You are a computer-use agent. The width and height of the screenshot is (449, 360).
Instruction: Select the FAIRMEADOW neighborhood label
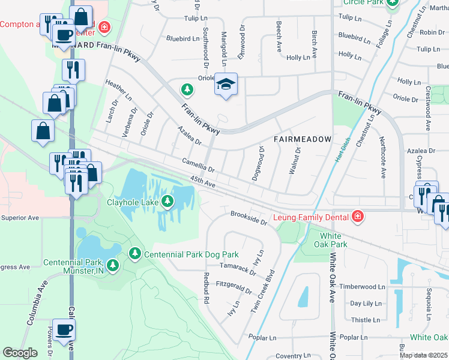303,139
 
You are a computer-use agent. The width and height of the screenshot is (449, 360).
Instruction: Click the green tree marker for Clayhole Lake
170,201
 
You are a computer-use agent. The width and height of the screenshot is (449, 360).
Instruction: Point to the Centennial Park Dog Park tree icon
134,255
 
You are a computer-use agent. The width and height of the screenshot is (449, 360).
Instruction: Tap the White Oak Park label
331,240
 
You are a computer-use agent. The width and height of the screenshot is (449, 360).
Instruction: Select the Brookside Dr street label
249,217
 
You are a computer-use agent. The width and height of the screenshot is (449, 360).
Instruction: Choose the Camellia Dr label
199,164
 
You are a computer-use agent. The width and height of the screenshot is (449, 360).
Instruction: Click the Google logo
20,353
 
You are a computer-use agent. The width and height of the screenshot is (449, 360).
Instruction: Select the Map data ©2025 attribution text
423,355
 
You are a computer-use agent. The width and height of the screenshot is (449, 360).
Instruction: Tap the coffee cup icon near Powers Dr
64,329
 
